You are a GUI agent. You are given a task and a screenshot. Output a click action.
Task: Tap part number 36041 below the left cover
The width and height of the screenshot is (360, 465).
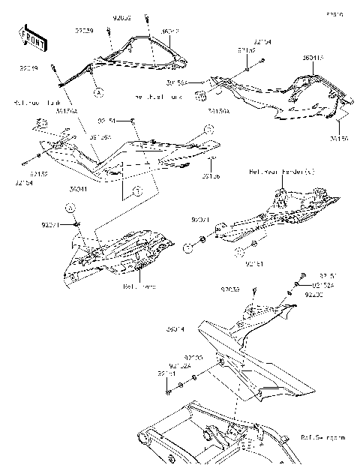pos(79,190)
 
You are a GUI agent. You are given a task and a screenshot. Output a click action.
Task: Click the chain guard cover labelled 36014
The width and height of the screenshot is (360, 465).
pos(262,352)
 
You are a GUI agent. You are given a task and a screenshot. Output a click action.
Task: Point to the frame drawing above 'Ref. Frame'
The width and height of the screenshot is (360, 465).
pos(120,251)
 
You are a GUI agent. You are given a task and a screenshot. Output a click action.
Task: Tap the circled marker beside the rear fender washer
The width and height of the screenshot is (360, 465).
pos(187,247)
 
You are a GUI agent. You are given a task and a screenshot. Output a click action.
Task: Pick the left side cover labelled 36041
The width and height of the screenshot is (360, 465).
pos(127,154)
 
